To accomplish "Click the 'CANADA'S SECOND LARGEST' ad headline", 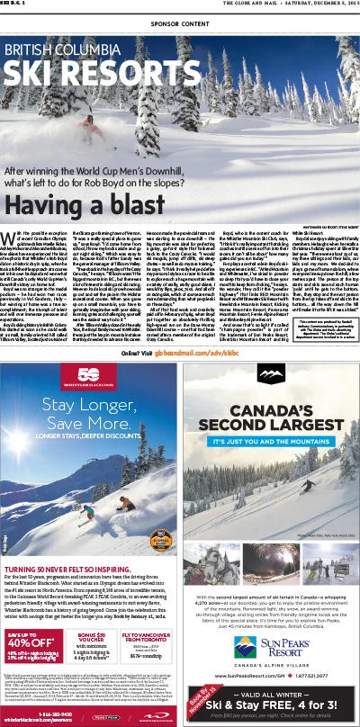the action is [x=271, y=424].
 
